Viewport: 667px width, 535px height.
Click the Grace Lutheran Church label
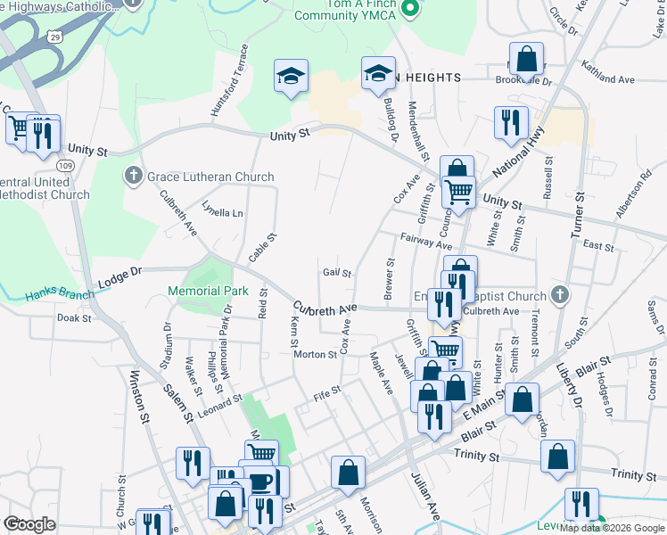click(x=210, y=177)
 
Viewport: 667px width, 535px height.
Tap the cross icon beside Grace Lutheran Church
click(x=134, y=176)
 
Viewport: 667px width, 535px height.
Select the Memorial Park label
click(x=208, y=291)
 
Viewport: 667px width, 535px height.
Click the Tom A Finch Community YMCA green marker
click(x=410, y=10)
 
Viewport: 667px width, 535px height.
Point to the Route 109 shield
click(x=64, y=166)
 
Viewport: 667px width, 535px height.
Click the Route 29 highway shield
click(x=56, y=37)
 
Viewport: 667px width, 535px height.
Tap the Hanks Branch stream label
click(x=55, y=294)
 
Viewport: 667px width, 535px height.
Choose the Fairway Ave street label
click(x=427, y=241)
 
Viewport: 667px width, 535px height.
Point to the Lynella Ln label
click(x=222, y=213)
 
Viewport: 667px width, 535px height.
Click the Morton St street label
click(x=316, y=355)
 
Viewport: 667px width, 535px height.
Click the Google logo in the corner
click(x=30, y=524)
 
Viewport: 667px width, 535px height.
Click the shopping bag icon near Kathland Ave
click(x=526, y=60)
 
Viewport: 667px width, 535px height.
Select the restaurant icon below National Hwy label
click(x=511, y=124)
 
